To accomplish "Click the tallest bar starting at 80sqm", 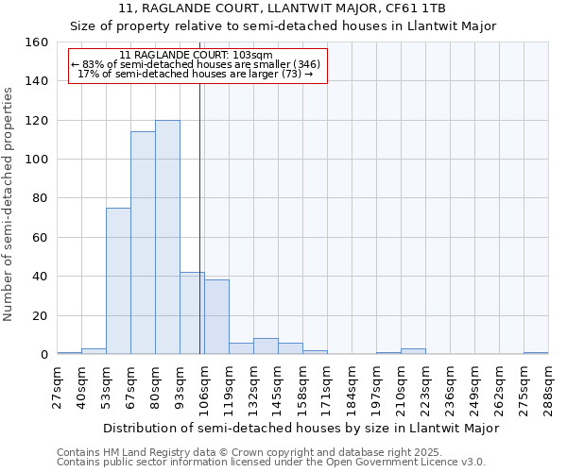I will pos(167,237).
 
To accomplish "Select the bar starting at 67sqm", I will pos(143,243).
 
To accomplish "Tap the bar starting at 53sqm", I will pos(118,281).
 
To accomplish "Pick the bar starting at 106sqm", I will pos(216,317).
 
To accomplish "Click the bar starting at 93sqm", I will pos(192,313).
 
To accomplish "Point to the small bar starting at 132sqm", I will pos(266,346).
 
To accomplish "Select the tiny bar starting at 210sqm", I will pos(413,351).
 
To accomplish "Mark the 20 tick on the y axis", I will pos(39,316).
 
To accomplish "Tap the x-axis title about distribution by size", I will pos(301,428).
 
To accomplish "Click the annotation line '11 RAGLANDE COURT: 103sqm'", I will pos(197,55).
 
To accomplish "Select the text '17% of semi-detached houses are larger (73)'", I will pos(195,74).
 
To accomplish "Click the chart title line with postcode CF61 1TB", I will pos(283,8).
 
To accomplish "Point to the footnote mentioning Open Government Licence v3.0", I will pos(271,463).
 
